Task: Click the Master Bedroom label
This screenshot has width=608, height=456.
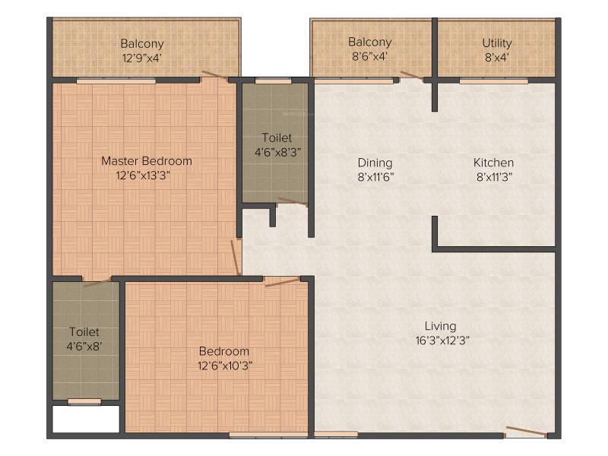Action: (147, 161)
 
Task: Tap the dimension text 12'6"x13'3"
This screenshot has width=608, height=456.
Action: (143, 176)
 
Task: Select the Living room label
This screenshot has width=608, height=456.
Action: (441, 326)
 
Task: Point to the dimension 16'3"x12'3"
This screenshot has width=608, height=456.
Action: (442, 340)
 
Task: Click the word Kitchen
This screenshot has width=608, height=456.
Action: (493, 163)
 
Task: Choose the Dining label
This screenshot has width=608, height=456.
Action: (375, 163)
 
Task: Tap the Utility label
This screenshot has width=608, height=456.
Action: (497, 43)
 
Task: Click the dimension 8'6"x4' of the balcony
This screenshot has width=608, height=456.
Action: (369, 56)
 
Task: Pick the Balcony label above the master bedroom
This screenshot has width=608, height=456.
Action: (142, 44)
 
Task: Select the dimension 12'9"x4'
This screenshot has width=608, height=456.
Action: (142, 59)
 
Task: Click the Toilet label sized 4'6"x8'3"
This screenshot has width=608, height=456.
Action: (277, 138)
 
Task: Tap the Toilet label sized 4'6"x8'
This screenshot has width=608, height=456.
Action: (84, 332)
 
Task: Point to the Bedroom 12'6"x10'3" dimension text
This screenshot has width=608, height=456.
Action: (225, 366)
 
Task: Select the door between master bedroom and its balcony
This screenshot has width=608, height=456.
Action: (215, 76)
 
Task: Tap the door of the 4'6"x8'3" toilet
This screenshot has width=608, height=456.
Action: (293, 201)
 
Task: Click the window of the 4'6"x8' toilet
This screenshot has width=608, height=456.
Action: (84, 402)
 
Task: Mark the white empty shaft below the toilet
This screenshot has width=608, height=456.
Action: (86, 419)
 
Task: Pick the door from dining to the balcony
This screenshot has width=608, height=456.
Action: (412, 75)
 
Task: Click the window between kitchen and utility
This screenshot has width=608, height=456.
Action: (493, 81)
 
